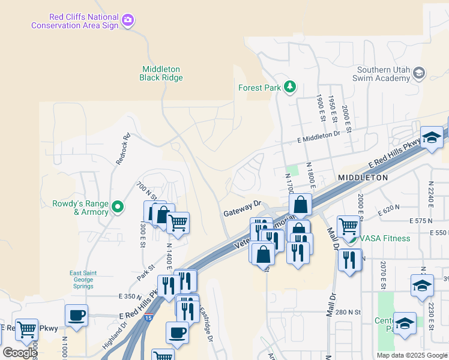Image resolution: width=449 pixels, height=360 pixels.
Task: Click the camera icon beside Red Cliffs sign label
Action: pyautogui.click(x=127, y=21)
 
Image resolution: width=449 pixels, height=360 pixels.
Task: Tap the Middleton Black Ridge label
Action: pyautogui.click(x=161, y=73)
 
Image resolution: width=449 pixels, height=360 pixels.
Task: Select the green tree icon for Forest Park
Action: pyautogui.click(x=290, y=88)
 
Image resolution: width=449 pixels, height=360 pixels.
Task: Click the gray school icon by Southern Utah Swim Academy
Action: pyautogui.click(x=419, y=74)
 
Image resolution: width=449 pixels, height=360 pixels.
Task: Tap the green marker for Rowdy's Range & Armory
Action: pyautogui.click(x=118, y=208)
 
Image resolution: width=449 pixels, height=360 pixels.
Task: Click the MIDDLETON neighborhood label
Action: pyautogui.click(x=363, y=178)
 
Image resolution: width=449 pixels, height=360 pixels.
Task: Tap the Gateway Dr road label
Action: pyautogui.click(x=243, y=208)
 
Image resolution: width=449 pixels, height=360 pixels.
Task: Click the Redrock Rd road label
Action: pyautogui.click(x=122, y=149)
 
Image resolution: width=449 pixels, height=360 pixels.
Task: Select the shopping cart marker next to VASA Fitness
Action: pyautogui.click(x=348, y=226)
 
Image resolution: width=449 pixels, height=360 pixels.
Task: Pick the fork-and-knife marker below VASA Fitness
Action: pyautogui.click(x=349, y=260)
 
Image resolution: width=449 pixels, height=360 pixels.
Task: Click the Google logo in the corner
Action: pyautogui.click(x=20, y=352)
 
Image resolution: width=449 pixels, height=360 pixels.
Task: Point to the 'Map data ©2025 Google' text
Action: pyautogui.click(x=411, y=355)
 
